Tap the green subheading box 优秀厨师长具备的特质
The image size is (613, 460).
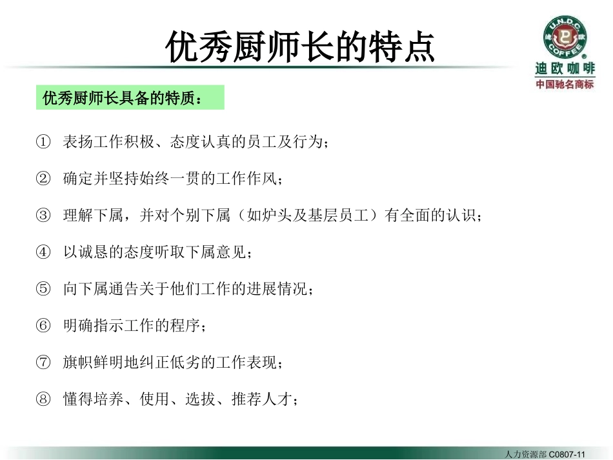pyautogui.click(x=130, y=98)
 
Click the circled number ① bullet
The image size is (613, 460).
pyautogui.click(x=43, y=142)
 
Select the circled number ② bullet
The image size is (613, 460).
pyautogui.click(x=43, y=179)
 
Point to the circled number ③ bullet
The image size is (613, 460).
pyautogui.click(x=43, y=215)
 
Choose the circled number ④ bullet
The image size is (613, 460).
pyautogui.click(x=43, y=252)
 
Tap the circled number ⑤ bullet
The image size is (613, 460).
pyautogui.click(x=43, y=288)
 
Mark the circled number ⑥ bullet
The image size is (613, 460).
pyautogui.click(x=43, y=325)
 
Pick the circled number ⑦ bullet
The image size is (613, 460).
pyautogui.click(x=43, y=363)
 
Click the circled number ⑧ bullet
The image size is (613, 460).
pyautogui.click(x=43, y=399)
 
